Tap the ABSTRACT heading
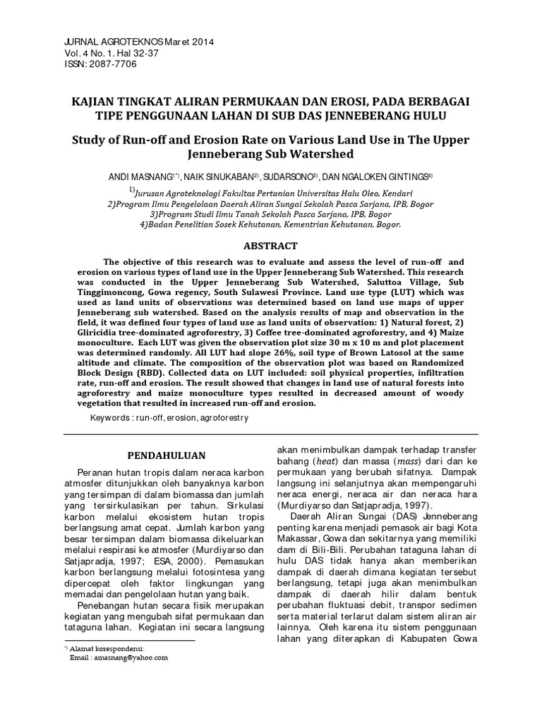click(270, 246)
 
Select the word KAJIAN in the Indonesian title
click(97, 101)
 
